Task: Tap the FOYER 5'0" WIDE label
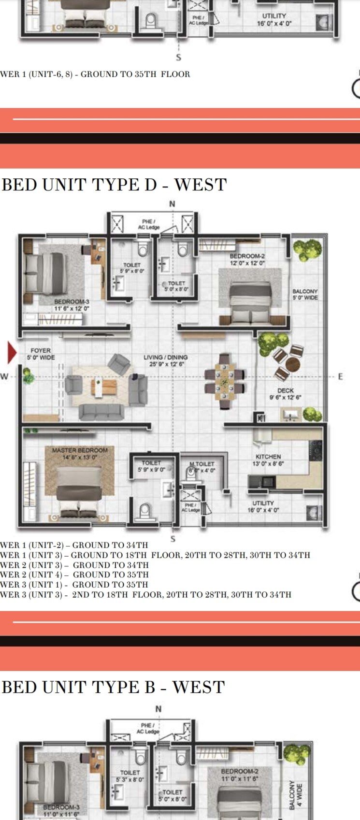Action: tap(41, 354)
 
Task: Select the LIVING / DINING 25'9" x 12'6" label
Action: tap(165, 360)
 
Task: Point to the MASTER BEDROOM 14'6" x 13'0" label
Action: tap(80, 453)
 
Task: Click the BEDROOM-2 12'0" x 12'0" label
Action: tap(247, 259)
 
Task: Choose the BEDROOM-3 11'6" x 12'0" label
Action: tap(72, 305)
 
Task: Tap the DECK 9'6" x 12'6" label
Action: tap(285, 394)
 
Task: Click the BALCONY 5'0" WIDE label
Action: tap(305, 294)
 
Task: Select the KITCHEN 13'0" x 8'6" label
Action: tap(268, 460)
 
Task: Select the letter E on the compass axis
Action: tap(340, 376)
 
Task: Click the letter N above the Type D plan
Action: tap(172, 204)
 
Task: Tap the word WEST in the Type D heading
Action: tap(200, 185)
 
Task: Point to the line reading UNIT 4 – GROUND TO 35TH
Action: tap(74, 575)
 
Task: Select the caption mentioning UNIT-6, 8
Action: tap(95, 74)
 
